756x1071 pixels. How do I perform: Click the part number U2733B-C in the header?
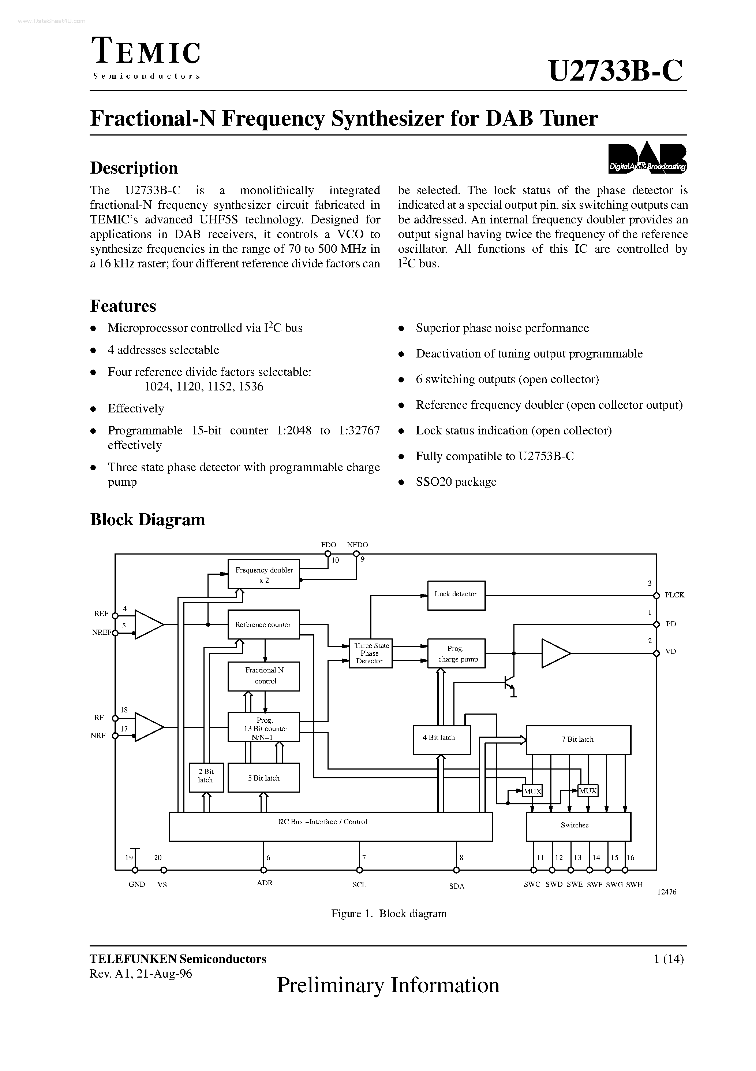[x=615, y=71]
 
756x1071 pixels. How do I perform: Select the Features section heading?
[x=123, y=306]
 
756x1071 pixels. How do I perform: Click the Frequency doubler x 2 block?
[x=263, y=574]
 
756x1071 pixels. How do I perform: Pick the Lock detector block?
[x=456, y=595]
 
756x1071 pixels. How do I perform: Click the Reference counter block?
[x=263, y=625]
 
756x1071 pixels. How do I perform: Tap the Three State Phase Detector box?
[x=371, y=653]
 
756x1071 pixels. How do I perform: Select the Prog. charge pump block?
[x=456, y=653]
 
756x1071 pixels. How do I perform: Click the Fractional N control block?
[x=264, y=676]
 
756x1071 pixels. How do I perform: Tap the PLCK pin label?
[x=674, y=595]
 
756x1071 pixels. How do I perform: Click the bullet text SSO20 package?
[x=456, y=482]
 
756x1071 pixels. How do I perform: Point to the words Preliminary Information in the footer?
[x=388, y=986]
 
